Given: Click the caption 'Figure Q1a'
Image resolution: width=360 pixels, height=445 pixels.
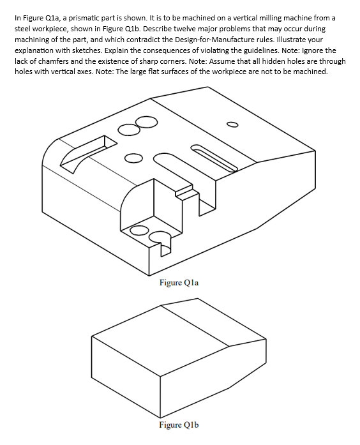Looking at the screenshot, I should pos(179,282).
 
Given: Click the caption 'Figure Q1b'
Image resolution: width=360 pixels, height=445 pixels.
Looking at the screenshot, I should pos(179,425).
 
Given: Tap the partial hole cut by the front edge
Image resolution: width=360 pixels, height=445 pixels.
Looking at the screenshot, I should pos(160,238).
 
